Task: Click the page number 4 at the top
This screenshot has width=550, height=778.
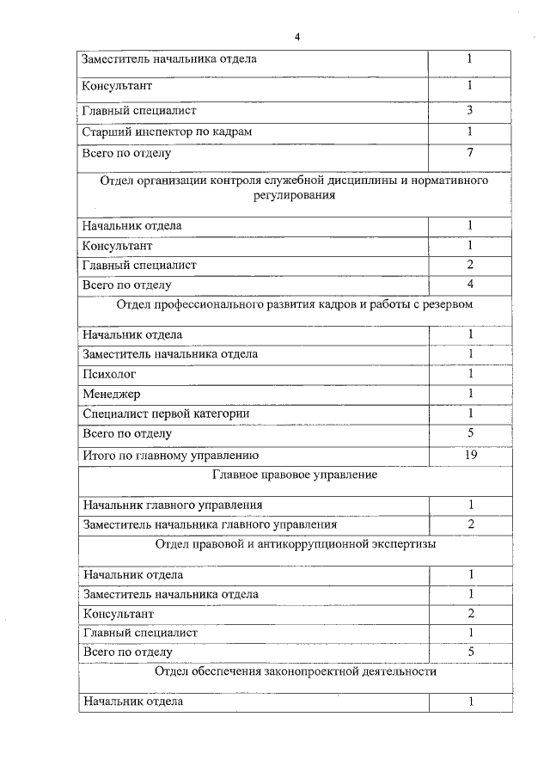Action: pos(296,37)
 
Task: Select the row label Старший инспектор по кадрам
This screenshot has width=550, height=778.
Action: pos(167,132)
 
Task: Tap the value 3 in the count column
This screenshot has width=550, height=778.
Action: pos(470,110)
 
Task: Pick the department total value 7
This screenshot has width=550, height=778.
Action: pos(470,153)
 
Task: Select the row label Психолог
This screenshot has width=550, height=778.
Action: pos(109,374)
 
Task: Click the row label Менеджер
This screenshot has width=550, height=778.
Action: pos(112,394)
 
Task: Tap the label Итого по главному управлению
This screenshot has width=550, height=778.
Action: pos(170,456)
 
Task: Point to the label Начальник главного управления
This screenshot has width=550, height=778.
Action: pos(172,505)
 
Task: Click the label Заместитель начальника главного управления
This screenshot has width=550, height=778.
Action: pos(209,524)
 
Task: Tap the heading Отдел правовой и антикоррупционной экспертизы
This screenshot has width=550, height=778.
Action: pos(295,544)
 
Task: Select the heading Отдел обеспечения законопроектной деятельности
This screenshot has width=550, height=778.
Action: pos(295,671)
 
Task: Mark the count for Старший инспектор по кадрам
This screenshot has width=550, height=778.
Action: pos(470,132)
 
